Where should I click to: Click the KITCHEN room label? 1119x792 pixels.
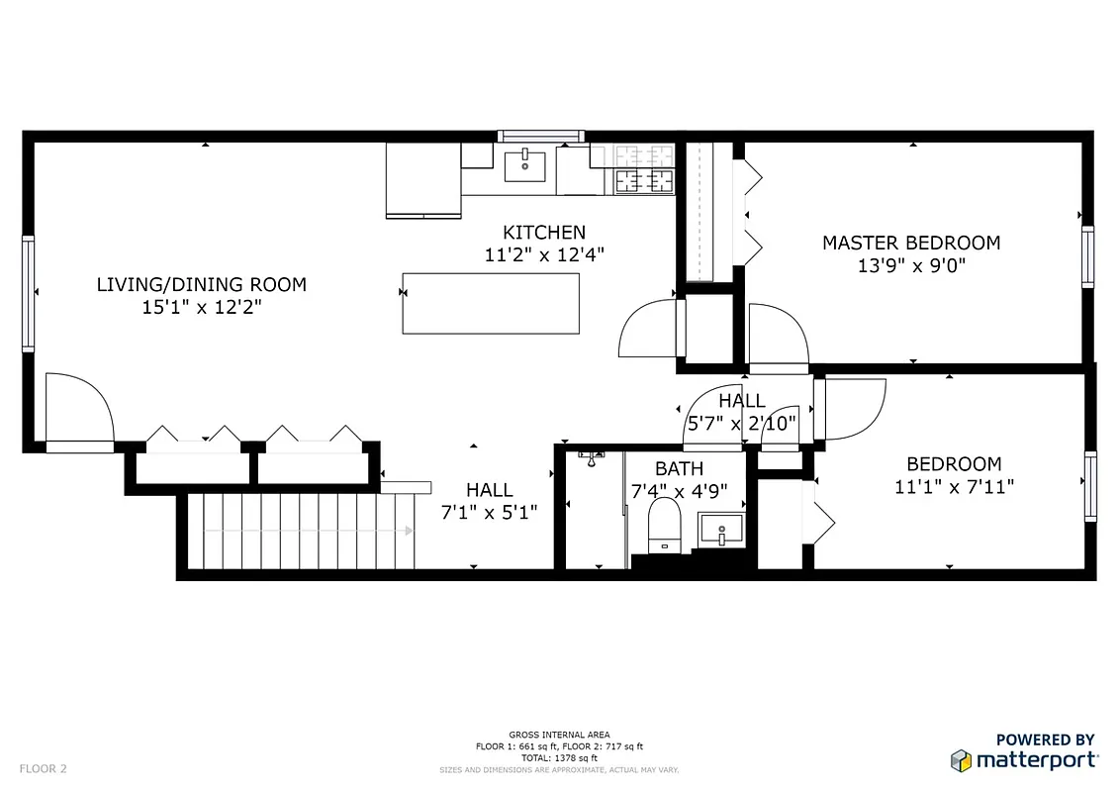click(x=543, y=233)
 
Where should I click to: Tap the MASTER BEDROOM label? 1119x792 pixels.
click(x=910, y=243)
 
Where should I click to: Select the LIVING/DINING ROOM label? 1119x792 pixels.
click(x=201, y=285)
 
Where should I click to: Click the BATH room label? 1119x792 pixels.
click(x=679, y=468)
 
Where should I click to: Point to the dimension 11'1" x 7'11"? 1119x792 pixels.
click(x=954, y=486)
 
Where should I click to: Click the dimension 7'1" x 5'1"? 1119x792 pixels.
click(x=489, y=512)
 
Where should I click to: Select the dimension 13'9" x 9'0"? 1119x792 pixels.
click(x=910, y=265)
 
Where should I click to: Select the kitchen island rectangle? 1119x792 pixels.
click(x=490, y=303)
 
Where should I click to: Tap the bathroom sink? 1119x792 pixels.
click(x=721, y=531)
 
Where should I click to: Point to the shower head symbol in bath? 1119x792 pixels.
click(x=592, y=456)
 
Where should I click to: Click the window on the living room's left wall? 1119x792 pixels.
click(x=29, y=293)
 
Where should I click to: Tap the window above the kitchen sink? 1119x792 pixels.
click(x=540, y=136)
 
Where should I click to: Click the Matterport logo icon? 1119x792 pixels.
click(x=960, y=760)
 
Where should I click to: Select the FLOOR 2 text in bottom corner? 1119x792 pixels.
click(x=44, y=768)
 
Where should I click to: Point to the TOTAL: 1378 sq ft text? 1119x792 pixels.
click(x=559, y=757)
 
